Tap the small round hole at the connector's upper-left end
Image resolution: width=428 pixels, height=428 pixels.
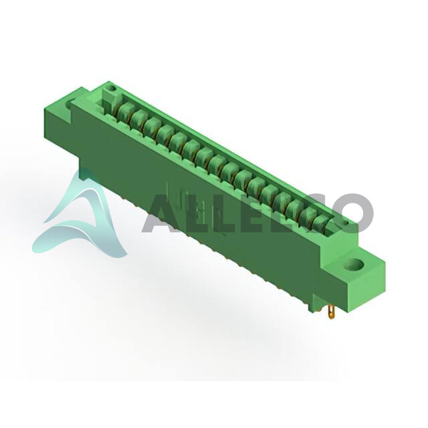coord(111,88)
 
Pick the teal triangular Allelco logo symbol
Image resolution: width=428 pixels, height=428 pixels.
coord(79,215)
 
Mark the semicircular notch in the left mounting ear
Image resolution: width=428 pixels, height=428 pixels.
coord(69,105)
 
